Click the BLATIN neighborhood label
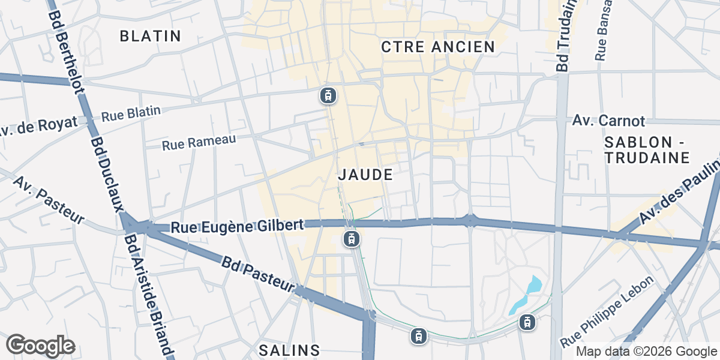[x=150, y=36]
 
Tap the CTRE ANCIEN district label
[x=438, y=47]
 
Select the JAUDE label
[x=365, y=175]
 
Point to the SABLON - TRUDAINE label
[x=647, y=150]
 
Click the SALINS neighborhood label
[x=289, y=350]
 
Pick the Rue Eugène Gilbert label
[x=237, y=227]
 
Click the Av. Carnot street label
[x=608, y=121]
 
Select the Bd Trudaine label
[x=564, y=36]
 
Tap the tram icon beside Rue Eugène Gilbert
[x=352, y=239]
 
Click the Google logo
[x=40, y=346]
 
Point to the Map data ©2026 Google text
[x=646, y=352]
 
